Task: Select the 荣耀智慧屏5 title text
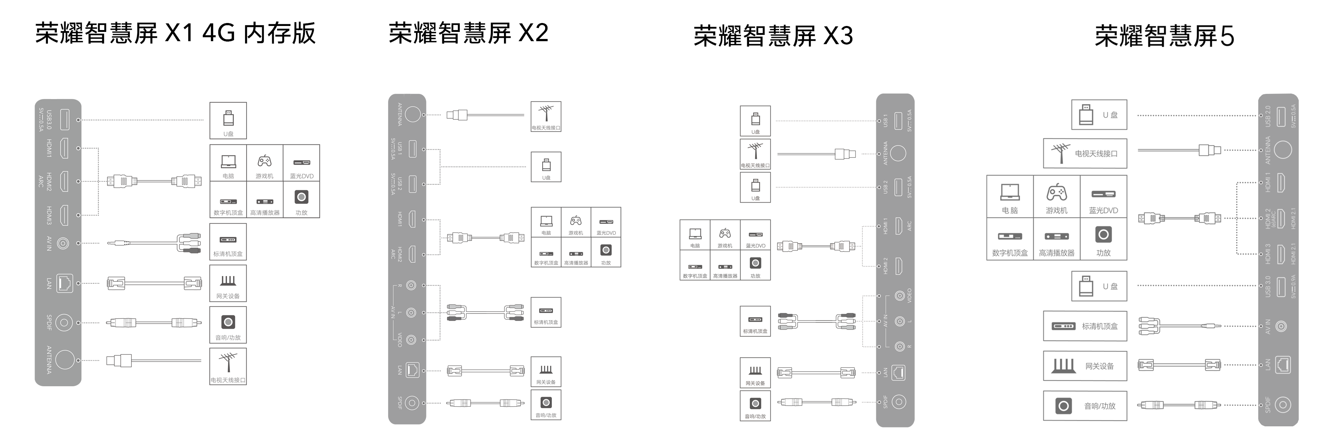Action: coord(1164,36)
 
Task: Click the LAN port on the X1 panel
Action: coord(64,283)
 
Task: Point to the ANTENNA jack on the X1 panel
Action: coord(65,360)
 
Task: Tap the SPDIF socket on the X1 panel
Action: coord(64,323)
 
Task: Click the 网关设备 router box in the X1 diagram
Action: coord(228,283)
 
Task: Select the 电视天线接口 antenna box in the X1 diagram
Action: coord(228,366)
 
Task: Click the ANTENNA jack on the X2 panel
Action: coord(412,114)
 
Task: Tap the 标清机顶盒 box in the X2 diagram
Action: coord(546,312)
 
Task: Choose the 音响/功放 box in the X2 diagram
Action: coord(546,404)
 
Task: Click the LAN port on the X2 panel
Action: coord(412,370)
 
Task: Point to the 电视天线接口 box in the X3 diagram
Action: coord(755,154)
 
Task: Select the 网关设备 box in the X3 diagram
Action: coord(755,373)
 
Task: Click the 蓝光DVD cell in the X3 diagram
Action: coord(755,235)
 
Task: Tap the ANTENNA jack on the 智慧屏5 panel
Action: coord(1282,150)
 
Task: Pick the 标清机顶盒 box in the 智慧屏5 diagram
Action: coord(1085,326)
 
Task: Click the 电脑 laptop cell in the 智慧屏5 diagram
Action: coord(1010,197)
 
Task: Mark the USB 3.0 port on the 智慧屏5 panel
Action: coord(1281,287)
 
